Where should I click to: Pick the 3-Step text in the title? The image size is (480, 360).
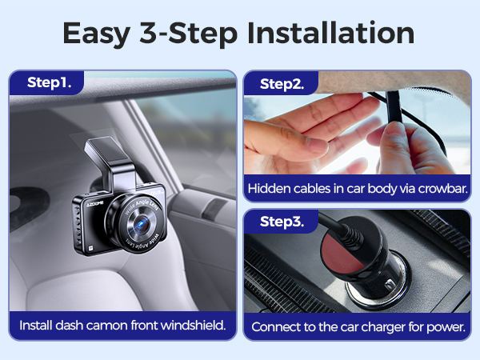click(198, 34)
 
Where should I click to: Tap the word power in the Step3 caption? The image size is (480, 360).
click(446, 326)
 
